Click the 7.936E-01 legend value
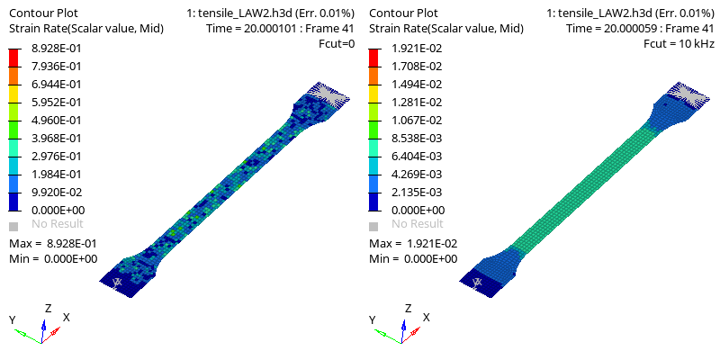(57, 66)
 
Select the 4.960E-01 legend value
(57, 121)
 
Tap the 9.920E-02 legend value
(57, 192)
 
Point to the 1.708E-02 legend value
(417, 66)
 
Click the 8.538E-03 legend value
(417, 139)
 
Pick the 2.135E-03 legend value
(417, 192)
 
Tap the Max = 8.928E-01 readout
(53, 243)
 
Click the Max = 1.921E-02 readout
(413, 243)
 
